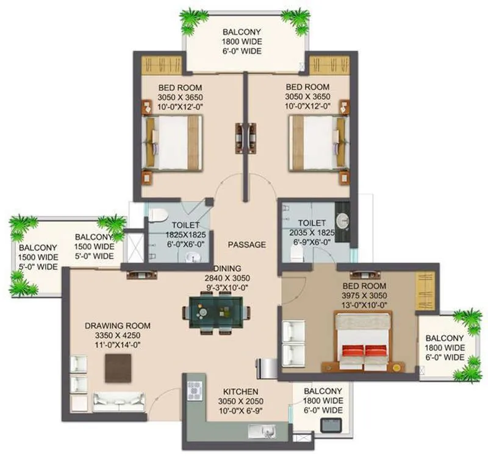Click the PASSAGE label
[246, 244]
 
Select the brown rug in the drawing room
[118, 367]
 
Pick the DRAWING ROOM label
[117, 326]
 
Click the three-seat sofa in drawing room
[118, 402]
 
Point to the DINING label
[227, 268]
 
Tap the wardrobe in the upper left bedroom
[162, 65]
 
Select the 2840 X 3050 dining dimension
[227, 278]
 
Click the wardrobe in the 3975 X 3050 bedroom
[425, 291]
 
